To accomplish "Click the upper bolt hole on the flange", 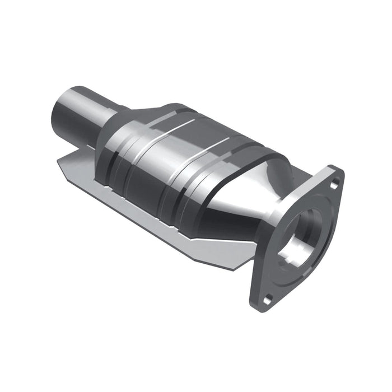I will point(334,183).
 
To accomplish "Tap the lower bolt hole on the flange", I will point(268,297).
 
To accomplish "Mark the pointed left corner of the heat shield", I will point(58,162).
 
